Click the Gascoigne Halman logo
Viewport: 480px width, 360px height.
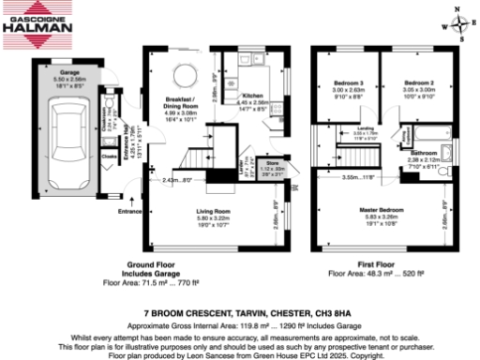37,24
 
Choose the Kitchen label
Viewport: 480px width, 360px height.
254,96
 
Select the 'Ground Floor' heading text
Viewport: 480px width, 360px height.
145,265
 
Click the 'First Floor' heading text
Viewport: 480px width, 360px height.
352,265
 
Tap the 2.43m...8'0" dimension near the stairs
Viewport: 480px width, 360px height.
177,179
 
